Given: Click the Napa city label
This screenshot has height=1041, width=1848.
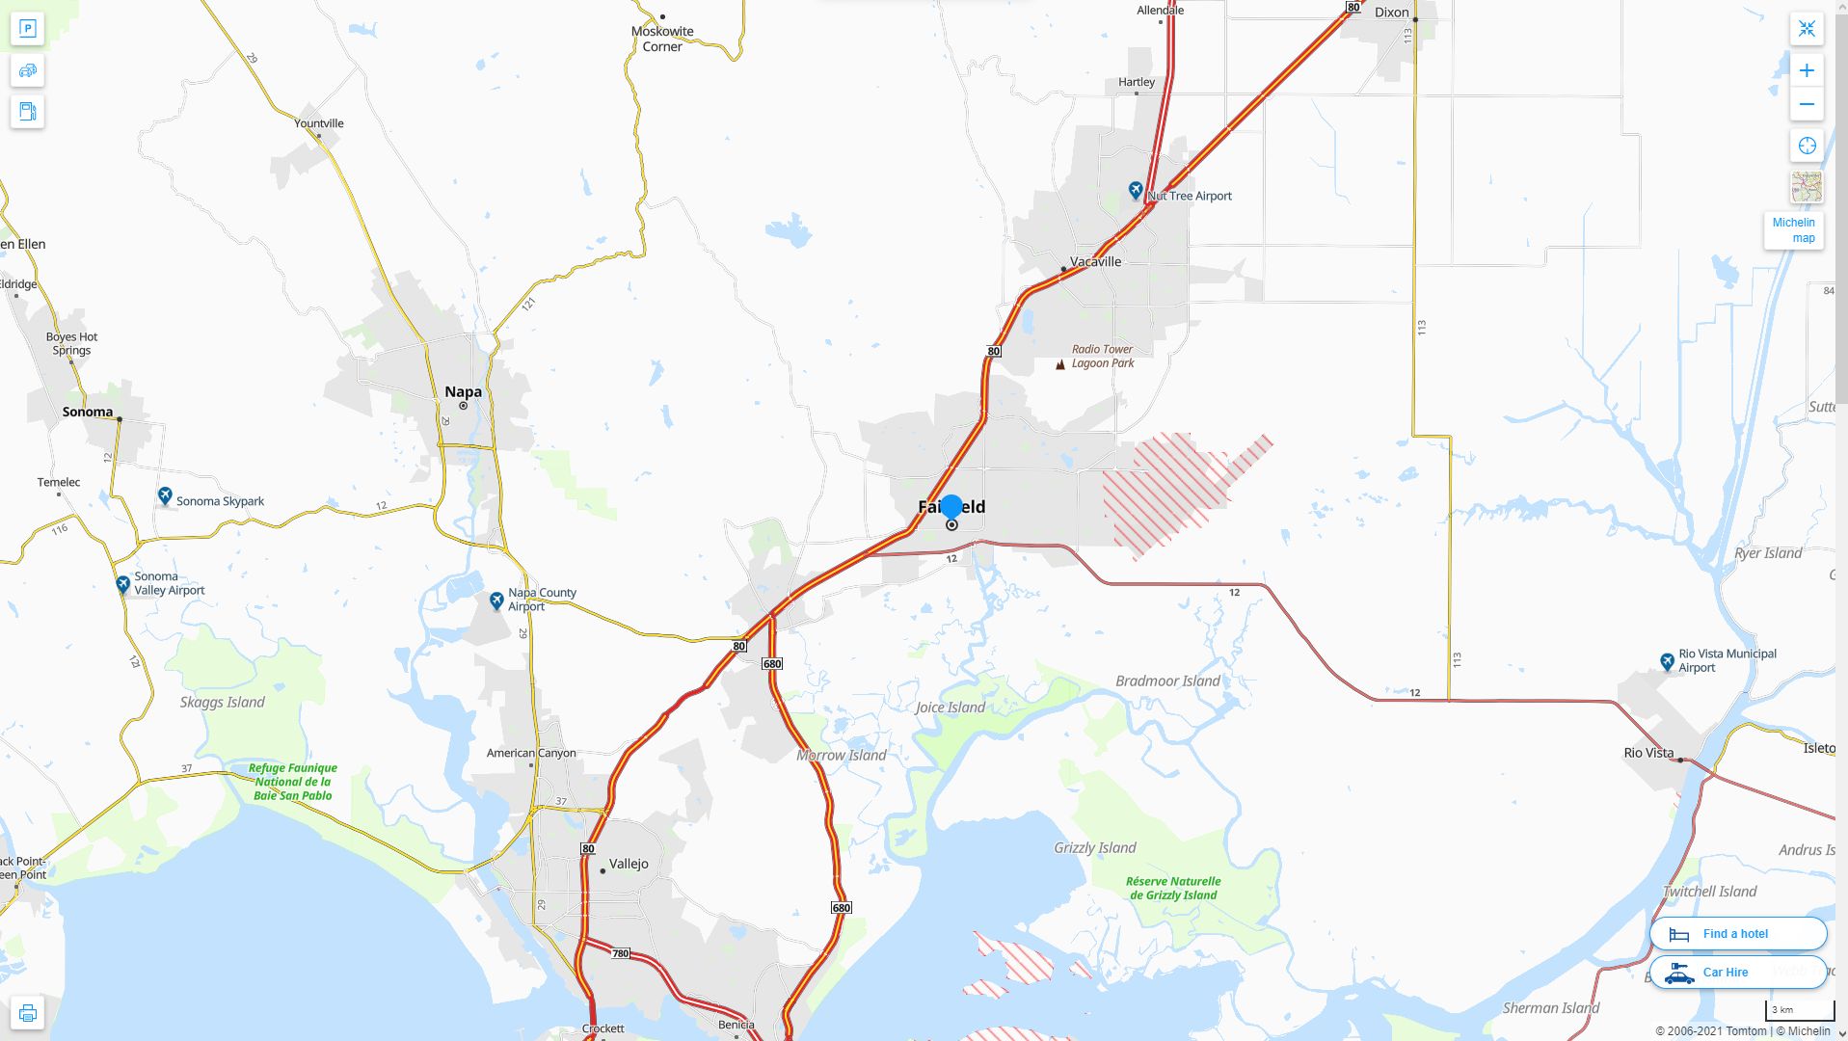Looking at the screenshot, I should pyautogui.click(x=463, y=391).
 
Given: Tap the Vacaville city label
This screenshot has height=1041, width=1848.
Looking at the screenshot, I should pyautogui.click(x=1095, y=261).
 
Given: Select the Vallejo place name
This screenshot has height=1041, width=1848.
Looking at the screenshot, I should pyautogui.click(x=629, y=864).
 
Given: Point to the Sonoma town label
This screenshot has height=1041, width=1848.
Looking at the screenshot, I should pyautogui.click(x=88, y=412).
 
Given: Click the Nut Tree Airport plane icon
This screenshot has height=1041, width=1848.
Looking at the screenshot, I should pyautogui.click(x=1136, y=190).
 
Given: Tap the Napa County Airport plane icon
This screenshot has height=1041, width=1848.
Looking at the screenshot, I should pyautogui.click(x=496, y=601).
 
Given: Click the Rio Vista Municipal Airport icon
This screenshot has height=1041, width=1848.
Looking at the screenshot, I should pyautogui.click(x=1667, y=661).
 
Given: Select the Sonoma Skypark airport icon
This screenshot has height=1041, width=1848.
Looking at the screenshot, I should pyautogui.click(x=165, y=495).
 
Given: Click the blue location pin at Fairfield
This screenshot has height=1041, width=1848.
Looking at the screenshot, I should pyautogui.click(x=951, y=507).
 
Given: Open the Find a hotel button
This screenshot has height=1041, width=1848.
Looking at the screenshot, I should pyautogui.click(x=1737, y=933).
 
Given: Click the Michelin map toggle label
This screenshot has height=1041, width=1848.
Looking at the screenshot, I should pyautogui.click(x=1793, y=230).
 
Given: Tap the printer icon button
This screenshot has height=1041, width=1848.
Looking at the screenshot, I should pyautogui.click(x=27, y=1013).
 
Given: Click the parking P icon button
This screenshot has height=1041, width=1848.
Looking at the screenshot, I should pyautogui.click(x=27, y=29).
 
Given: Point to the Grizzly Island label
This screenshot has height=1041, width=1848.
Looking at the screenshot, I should pyautogui.click(x=1094, y=848).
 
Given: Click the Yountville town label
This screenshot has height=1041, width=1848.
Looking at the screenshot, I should pyautogui.click(x=318, y=123).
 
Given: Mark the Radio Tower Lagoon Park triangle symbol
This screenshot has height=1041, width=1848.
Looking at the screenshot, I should pyautogui.click(x=1060, y=364).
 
